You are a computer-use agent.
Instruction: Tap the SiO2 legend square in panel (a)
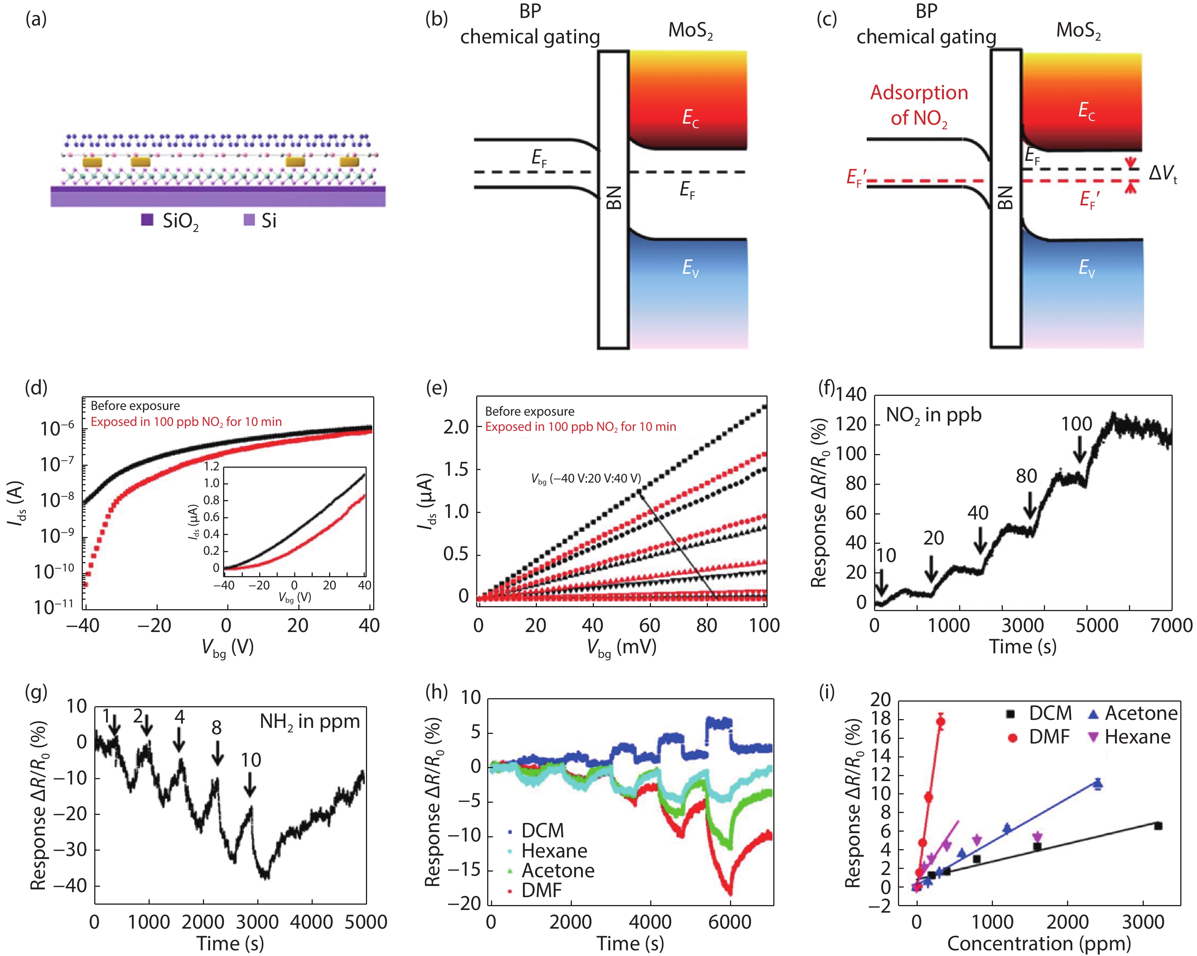147,220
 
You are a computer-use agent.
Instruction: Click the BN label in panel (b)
613,198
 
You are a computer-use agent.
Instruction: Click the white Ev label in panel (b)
690,268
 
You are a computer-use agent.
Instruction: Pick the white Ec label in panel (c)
1086,111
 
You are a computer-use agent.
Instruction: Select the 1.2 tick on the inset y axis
212,467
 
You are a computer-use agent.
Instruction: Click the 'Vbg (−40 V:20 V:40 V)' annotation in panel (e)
586,479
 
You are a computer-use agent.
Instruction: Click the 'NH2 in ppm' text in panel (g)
310,722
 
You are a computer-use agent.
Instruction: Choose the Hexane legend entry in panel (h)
554,850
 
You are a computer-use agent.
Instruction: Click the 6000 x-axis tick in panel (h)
730,922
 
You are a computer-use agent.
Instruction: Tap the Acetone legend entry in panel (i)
1140,713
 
